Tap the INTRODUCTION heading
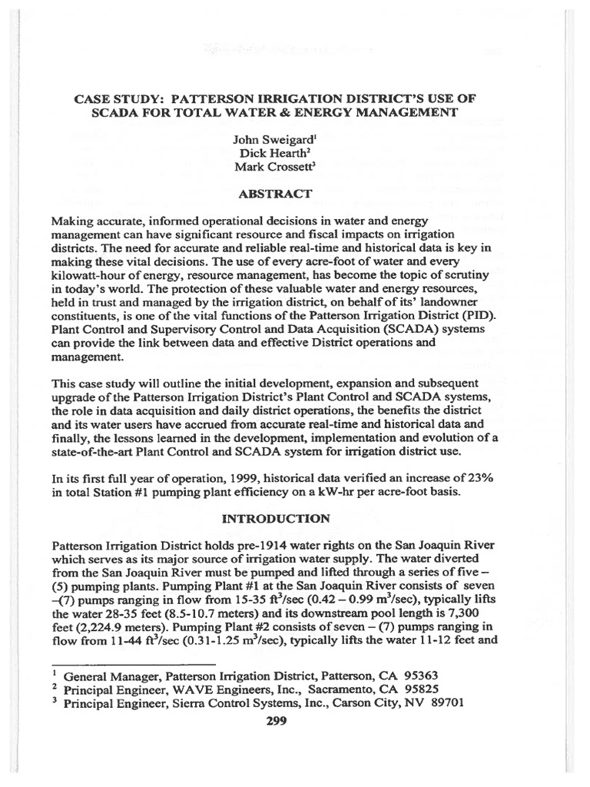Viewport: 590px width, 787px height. (x=276, y=519)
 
